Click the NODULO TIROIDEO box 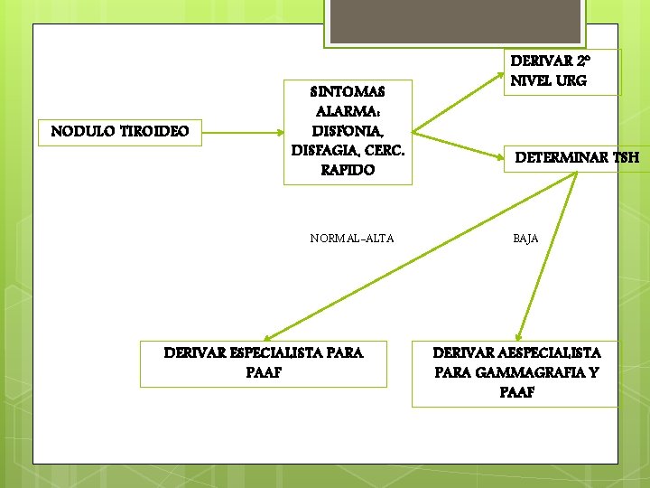120,132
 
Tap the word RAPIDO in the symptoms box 348,170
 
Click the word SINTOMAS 348,91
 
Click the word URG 571,80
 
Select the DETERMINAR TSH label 577,157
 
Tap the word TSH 625,157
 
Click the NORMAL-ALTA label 351,239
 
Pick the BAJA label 525,239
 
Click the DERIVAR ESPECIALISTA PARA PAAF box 264,361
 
